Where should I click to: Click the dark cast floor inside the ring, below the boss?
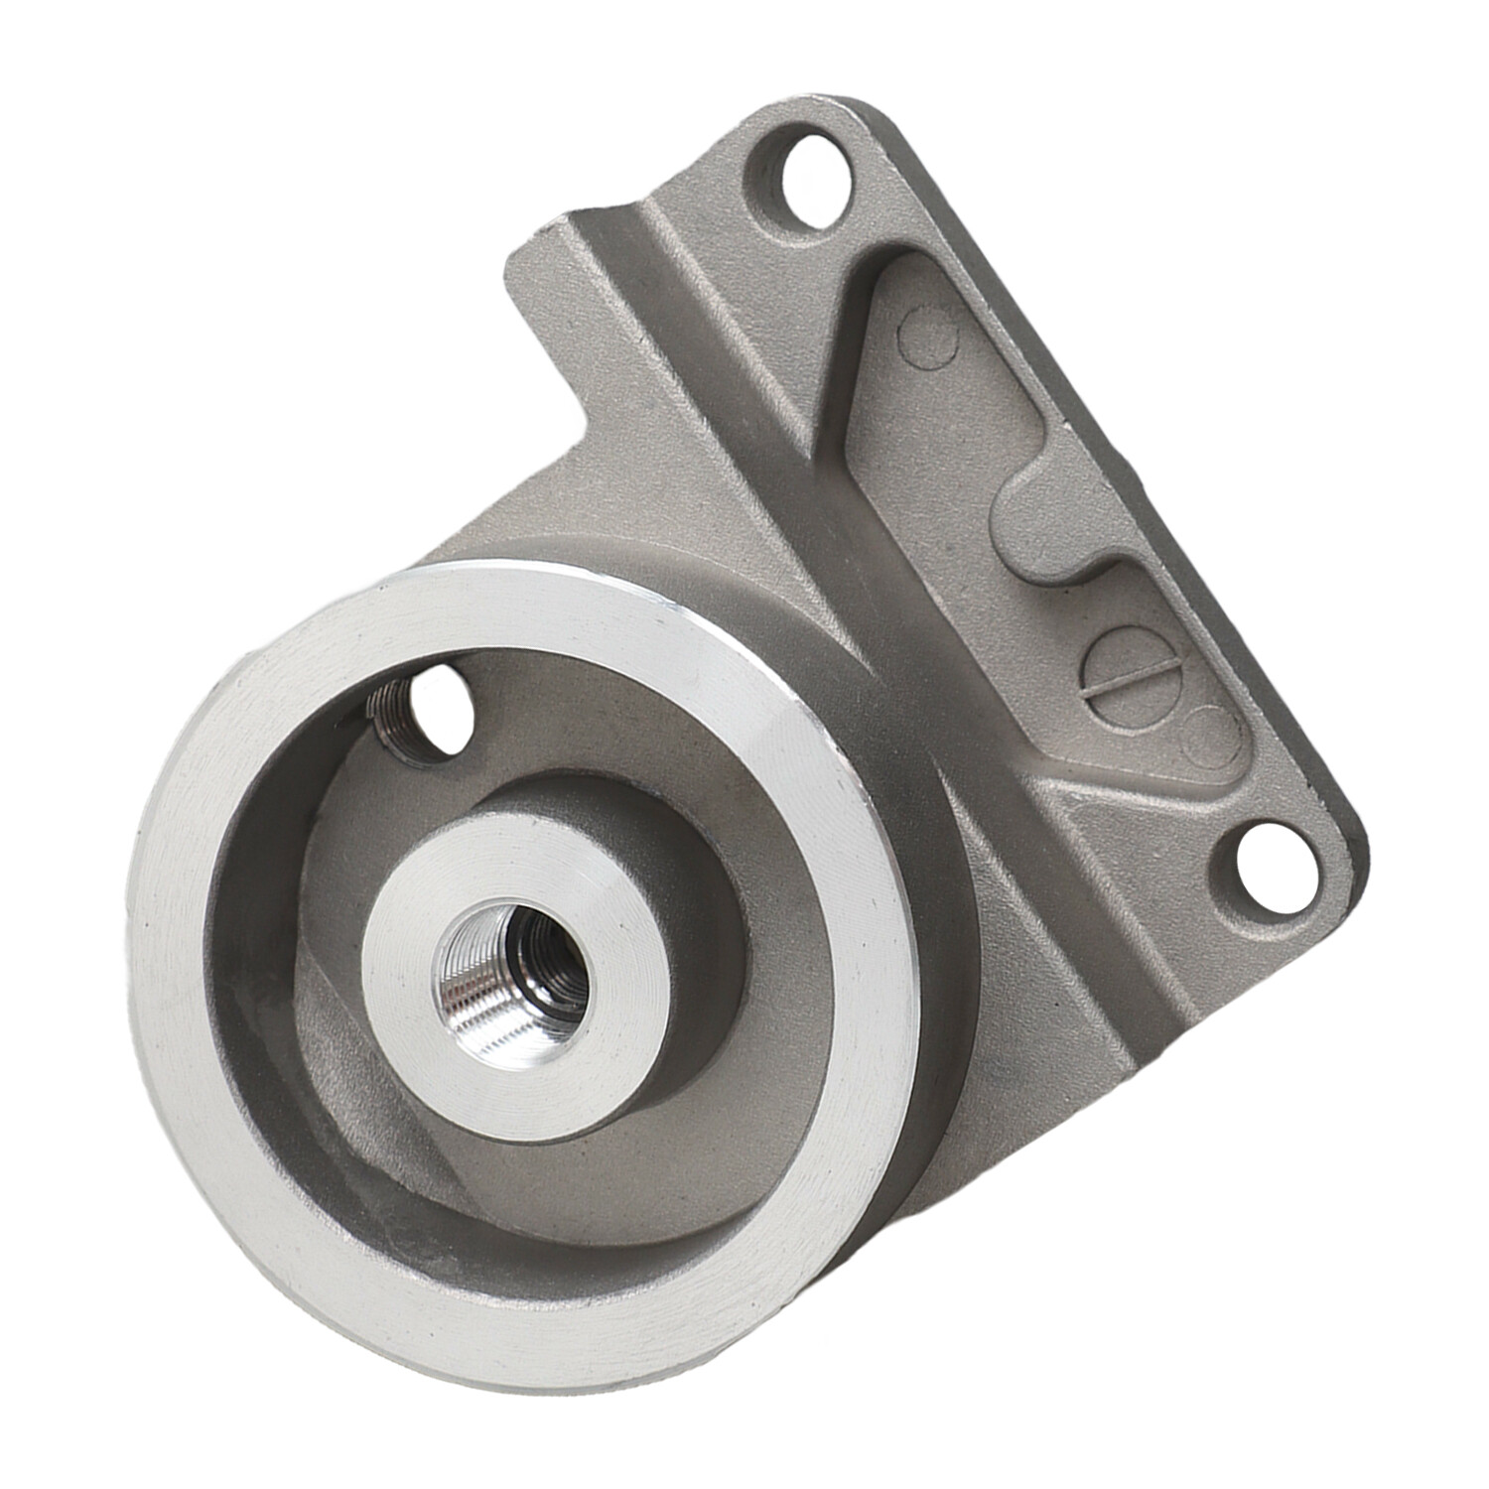click(596, 1171)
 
